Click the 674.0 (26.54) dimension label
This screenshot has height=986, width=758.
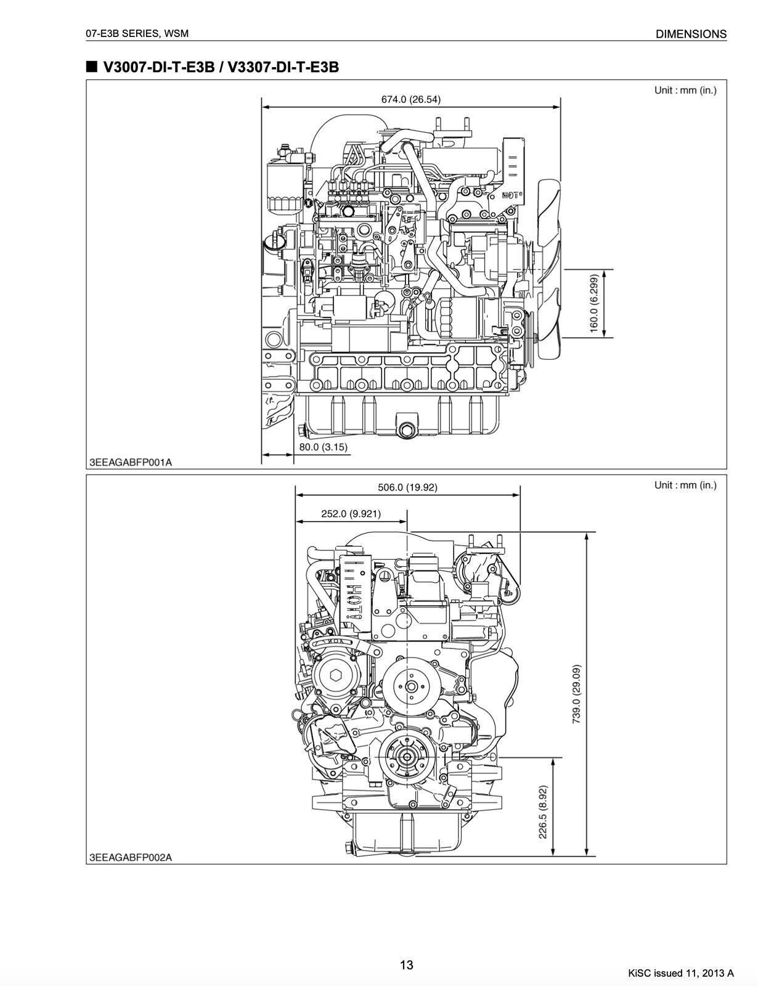[x=410, y=99]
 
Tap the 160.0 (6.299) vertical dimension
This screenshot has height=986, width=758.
[x=594, y=303]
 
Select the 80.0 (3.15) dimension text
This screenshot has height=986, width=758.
[x=324, y=447]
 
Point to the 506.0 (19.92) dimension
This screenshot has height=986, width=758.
[x=407, y=487]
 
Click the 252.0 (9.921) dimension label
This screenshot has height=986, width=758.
[x=351, y=513]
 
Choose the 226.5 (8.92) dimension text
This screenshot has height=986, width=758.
[x=543, y=811]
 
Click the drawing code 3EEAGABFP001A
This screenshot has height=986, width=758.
[x=131, y=462]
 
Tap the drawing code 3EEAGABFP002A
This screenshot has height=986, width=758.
[x=131, y=857]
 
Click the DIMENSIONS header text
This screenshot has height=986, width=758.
[x=691, y=35]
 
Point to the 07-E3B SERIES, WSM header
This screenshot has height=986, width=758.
[x=137, y=34]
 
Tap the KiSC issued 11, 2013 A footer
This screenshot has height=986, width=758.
[x=681, y=973]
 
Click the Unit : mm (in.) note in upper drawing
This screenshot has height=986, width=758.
[x=685, y=91]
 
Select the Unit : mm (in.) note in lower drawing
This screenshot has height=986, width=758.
[x=685, y=485]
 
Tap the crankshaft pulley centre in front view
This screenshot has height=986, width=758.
[x=407, y=757]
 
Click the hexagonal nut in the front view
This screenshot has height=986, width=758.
[x=335, y=675]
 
